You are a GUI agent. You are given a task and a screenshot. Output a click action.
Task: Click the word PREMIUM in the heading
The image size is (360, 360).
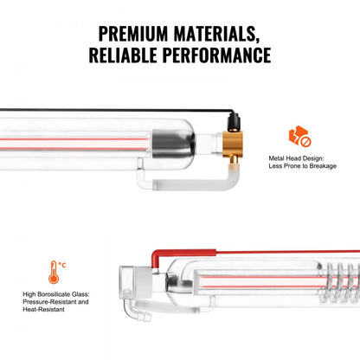click(138, 35)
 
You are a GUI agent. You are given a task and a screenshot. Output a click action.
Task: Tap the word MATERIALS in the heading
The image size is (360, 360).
click(222, 35)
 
